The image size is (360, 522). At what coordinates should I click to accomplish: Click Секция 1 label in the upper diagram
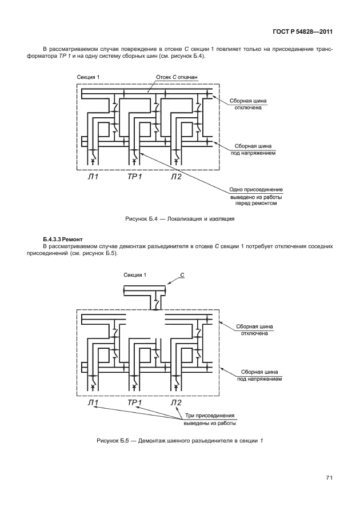coord(88,77)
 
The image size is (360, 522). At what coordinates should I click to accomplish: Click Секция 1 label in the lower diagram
coord(135,275)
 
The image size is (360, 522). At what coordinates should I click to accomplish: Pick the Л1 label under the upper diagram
coord(93,177)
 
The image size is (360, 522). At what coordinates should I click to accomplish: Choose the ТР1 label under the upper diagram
coord(134,177)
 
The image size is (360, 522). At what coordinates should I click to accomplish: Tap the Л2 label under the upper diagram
coord(176,177)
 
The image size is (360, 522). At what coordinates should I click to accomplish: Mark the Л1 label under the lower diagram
coord(93,403)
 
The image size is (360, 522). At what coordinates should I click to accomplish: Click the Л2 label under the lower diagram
coord(177,403)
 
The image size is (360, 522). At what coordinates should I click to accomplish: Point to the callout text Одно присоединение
coord(256,189)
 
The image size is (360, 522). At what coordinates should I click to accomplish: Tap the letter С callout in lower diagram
coord(182,275)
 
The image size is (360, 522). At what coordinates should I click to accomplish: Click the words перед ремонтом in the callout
coord(256,203)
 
